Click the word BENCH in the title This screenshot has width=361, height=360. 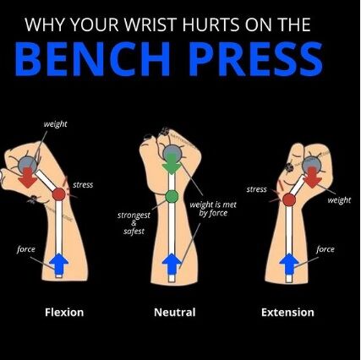pos(93,59)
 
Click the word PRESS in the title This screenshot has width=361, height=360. pos(255,59)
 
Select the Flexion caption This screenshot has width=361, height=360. pos(64,312)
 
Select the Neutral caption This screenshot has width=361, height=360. pos(175,312)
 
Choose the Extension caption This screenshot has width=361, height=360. pos(287,312)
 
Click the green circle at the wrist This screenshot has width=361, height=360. pos(172,196)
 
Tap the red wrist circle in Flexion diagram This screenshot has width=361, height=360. pos(59,194)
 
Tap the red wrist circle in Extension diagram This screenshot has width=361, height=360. pos(289,200)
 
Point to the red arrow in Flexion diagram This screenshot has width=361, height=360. pos(27,177)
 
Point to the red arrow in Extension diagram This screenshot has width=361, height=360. pos(312,177)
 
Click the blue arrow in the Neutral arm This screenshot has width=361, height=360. pos(172,265)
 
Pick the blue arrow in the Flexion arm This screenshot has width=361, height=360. pos(58,264)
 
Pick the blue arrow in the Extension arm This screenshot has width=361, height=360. pos(289,264)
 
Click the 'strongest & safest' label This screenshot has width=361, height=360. pos(134,223)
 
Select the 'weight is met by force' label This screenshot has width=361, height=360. pos(213,209)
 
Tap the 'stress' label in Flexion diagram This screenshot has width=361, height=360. pos(83,185)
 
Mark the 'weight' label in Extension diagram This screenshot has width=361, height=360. pos(339,200)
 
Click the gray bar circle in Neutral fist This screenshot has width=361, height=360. pos(172,153)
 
